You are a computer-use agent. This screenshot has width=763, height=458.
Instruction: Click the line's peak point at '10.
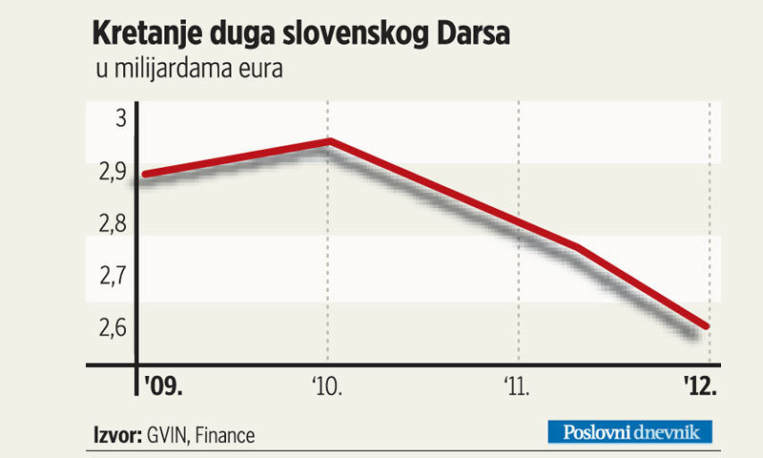pyautogui.click(x=328, y=142)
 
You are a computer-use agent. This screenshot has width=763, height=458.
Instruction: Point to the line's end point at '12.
pyautogui.click(x=707, y=326)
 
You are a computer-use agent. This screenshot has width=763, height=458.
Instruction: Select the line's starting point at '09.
pyautogui.click(x=142, y=175)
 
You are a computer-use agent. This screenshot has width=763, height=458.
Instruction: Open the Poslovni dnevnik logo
pyautogui.click(x=630, y=432)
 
